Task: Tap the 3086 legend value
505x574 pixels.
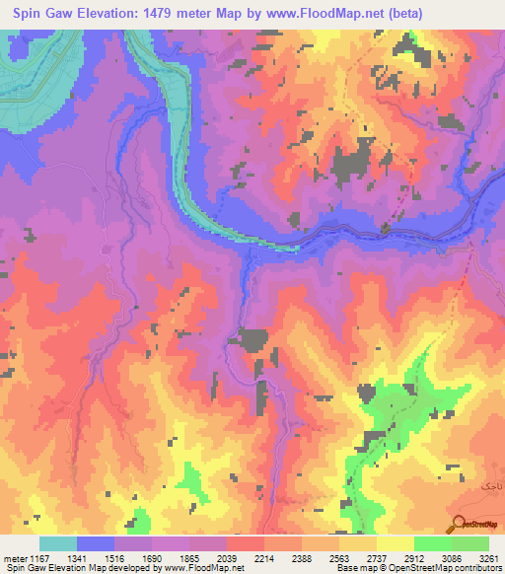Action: (449, 557)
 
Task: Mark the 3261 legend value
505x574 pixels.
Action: (485, 557)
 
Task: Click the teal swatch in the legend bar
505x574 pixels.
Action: (58, 543)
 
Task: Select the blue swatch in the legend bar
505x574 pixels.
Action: (96, 543)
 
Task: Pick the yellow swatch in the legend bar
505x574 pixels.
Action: (395, 543)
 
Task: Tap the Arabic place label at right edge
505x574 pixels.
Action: (490, 487)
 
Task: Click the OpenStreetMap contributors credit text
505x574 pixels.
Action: (433, 568)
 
